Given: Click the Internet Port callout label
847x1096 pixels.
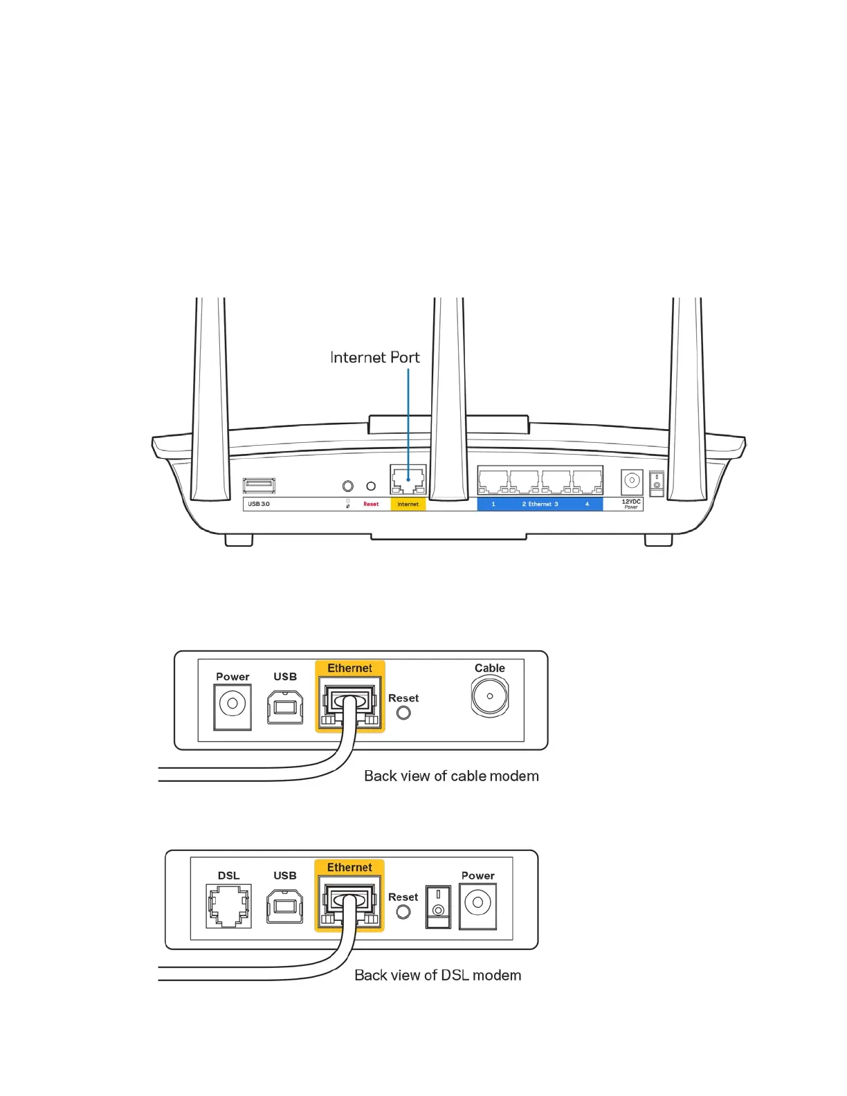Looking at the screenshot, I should coord(374,358).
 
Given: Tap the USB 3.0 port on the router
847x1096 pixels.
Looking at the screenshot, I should coord(259,486).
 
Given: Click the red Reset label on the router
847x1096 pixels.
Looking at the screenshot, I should coord(371,504).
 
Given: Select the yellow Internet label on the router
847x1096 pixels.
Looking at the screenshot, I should coord(408,504).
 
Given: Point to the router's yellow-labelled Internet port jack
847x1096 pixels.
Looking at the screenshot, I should coord(408,479).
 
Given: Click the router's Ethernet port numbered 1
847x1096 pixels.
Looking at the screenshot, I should coord(493,480).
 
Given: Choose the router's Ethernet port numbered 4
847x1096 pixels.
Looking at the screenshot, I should coord(588,480).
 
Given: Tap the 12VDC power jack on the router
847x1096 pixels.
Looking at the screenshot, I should coord(632,481).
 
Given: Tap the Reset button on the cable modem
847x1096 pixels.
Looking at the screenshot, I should coord(403,713).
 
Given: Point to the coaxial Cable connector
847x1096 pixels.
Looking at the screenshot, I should coord(490,696).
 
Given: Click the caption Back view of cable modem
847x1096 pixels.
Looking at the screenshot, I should coord(451,776).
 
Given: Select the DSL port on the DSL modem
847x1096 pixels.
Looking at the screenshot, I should coord(228,906).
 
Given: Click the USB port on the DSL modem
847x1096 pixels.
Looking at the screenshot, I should coord(285,906).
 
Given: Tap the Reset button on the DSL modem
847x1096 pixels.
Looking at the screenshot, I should coord(403,912).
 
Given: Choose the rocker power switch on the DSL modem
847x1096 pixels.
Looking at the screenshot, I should coord(438,906).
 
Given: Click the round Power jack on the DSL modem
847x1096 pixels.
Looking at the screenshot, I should coord(477,904).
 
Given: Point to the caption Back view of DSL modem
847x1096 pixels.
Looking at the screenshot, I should coord(437,976).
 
